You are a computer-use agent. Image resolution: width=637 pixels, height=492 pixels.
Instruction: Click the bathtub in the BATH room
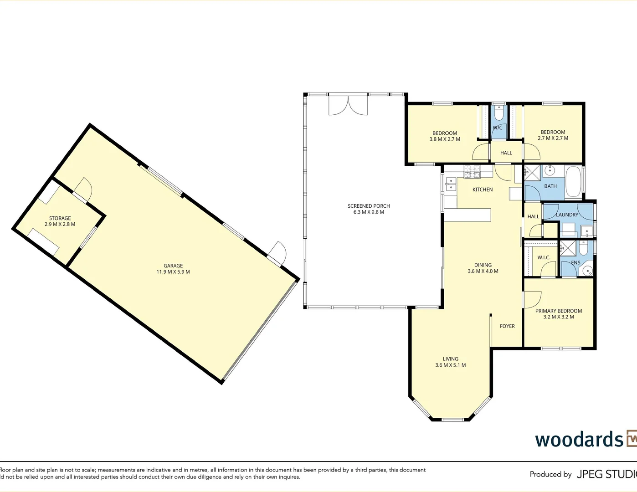[x=573, y=182]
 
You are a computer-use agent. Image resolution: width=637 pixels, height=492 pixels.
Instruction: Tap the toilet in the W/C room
[x=499, y=112]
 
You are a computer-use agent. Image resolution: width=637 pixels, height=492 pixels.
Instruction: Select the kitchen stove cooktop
[x=472, y=172]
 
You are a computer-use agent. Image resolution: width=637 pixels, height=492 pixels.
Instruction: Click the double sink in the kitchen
[x=451, y=184]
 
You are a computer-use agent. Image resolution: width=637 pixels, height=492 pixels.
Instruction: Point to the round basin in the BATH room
[x=550, y=171]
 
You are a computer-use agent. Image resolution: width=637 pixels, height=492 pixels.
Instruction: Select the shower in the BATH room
[x=532, y=174]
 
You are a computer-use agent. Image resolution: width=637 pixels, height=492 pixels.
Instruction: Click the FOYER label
[x=507, y=326]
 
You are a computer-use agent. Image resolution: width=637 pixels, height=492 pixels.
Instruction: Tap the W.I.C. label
[x=544, y=257]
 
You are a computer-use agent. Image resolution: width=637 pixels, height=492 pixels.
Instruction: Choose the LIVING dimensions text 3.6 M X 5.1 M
[x=450, y=365]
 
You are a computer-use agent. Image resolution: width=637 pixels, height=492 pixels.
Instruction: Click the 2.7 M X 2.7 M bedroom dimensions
[x=553, y=138]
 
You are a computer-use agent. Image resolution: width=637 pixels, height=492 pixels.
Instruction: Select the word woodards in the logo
[x=579, y=440]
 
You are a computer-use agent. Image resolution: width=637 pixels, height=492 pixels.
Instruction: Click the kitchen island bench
[x=467, y=215]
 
